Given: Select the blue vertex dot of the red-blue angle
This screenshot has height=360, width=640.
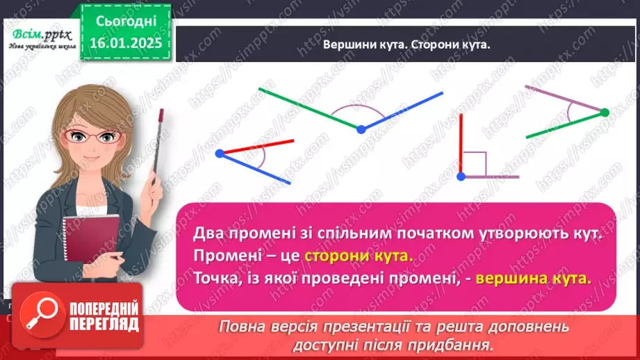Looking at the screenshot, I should pyautogui.click(x=220, y=152).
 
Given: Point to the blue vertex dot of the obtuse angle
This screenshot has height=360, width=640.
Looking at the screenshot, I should pyautogui.click(x=361, y=129).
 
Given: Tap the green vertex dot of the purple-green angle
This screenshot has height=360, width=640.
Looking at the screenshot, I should pyautogui.click(x=604, y=112).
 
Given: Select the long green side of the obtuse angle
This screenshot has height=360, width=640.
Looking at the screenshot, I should pyautogui.click(x=309, y=108).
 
